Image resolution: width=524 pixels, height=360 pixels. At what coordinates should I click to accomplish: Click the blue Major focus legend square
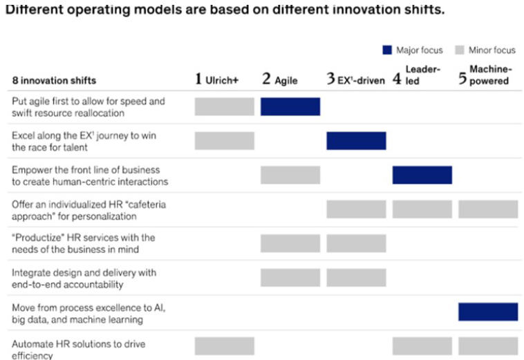[x=387, y=50]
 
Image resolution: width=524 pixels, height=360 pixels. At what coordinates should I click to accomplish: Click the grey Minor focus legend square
[x=460, y=50]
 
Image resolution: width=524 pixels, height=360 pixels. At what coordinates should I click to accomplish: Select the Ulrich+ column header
[x=216, y=79]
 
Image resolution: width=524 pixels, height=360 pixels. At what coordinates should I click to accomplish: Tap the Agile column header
[x=280, y=79]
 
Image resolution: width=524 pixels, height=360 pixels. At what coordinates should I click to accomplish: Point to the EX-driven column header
[x=355, y=79]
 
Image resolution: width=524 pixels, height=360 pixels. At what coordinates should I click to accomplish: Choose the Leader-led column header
[x=416, y=75]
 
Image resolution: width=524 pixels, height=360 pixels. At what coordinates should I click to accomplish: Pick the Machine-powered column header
[x=485, y=75]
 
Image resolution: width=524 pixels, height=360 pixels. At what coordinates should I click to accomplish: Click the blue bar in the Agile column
[x=290, y=106]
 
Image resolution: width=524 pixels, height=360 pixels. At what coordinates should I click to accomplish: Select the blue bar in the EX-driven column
[x=356, y=140]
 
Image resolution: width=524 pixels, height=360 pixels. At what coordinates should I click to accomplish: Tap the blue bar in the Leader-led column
[x=422, y=175]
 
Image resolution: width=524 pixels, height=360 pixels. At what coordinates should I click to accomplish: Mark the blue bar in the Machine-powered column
[x=488, y=312]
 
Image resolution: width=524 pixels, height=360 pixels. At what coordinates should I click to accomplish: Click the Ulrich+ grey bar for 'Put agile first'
[x=225, y=106]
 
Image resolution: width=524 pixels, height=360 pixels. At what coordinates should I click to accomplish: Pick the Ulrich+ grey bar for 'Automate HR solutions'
[x=225, y=346]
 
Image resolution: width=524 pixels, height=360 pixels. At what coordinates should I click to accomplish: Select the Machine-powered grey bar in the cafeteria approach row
[x=488, y=209]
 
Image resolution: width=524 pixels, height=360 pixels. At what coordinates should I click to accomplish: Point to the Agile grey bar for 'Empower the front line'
[x=290, y=175]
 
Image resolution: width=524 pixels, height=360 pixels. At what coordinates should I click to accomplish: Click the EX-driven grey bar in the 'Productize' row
[x=356, y=243]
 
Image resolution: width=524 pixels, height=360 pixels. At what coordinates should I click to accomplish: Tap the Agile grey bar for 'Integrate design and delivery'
[x=290, y=278]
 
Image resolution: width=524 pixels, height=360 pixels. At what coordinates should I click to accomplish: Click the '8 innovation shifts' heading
[x=54, y=80]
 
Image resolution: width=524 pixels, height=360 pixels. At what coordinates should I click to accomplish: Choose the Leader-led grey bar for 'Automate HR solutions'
[x=422, y=346]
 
